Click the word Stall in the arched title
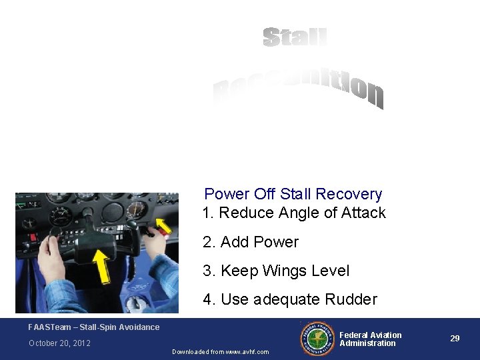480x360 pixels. click(x=295, y=37)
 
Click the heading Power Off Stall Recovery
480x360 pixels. click(x=293, y=194)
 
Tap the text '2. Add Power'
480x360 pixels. click(x=251, y=242)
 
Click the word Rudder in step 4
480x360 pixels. click(x=352, y=299)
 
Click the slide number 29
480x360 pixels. click(x=455, y=339)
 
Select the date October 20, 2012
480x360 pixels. click(x=59, y=343)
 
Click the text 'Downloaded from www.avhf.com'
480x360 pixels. click(x=221, y=351)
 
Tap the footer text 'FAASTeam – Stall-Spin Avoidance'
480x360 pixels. click(x=94, y=327)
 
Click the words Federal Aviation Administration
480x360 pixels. click(x=371, y=339)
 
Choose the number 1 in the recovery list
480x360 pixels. click(x=207, y=213)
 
